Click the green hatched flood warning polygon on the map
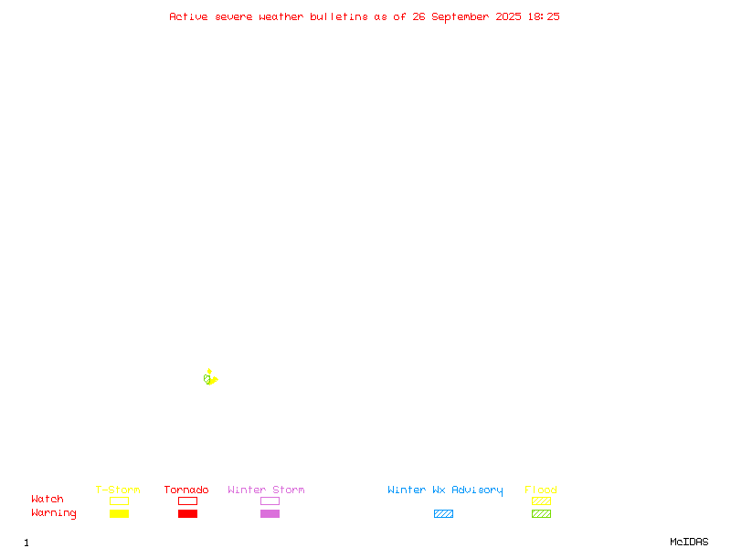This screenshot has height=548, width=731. coord(207,379)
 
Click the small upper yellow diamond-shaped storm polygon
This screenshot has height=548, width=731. coord(209,372)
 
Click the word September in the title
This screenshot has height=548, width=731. coord(461,17)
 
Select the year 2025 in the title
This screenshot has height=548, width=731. coord(508,16)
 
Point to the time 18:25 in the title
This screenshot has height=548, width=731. coord(544,16)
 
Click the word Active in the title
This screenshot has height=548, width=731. coord(188,16)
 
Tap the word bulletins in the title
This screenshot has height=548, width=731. coord(339,16)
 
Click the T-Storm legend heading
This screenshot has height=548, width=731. coord(118,490)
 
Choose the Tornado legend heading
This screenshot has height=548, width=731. coord(186,490)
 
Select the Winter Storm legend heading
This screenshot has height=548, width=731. coord(266,490)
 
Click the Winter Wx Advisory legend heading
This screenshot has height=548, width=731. coord(445,490)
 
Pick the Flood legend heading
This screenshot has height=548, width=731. coord(541,490)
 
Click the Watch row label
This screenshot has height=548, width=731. coord(48,499)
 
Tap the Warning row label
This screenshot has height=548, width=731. coord(54,513)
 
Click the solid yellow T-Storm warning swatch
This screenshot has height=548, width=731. coord(120,513)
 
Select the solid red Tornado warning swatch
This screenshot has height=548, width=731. coord(188,513)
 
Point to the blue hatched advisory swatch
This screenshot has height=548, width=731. coord(443,513)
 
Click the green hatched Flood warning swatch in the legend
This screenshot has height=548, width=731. coord(541,513)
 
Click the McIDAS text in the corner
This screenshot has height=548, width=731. coord(689,542)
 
